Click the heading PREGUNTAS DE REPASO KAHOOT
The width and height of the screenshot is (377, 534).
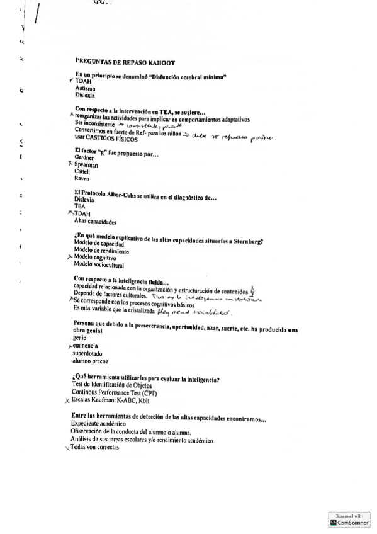point(125,62)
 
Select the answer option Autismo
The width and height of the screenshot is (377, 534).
point(85,89)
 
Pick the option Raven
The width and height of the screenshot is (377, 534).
point(82,179)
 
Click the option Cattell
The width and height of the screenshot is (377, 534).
point(82,171)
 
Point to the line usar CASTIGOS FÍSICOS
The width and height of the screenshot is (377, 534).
point(106,139)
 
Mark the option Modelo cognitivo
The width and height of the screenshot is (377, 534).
point(95,257)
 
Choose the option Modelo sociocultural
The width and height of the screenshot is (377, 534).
point(99,264)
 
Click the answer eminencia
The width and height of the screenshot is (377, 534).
point(86,346)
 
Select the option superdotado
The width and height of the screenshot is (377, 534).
point(88,353)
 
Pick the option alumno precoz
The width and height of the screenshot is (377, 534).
point(91,361)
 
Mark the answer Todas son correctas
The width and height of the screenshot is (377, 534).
point(94,448)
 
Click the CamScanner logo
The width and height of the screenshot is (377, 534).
point(349,520)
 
